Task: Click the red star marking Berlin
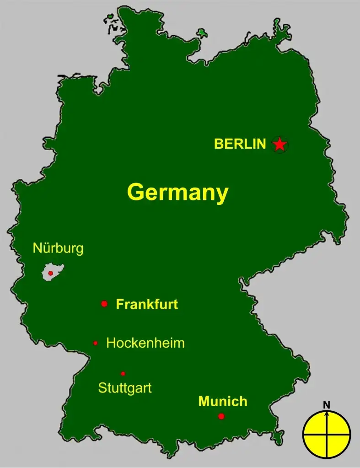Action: pos(279,145)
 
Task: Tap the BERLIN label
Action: pos(240,144)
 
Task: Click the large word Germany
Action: pos(177,193)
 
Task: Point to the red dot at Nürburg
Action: pos(51,273)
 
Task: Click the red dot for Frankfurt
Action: pos(104,304)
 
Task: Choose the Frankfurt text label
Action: pos(147,304)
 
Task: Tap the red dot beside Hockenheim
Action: pos(95,343)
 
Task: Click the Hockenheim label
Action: pos(145,343)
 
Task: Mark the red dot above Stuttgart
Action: pos(123,373)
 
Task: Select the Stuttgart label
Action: pos(125,388)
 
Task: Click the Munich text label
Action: pos(223,402)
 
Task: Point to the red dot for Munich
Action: pos(221,416)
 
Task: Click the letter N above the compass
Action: pos(327,404)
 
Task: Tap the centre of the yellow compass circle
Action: pos(327,434)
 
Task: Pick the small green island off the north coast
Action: pos(201,33)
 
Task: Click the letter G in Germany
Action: pos(136,193)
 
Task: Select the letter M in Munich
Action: pos(204,402)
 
